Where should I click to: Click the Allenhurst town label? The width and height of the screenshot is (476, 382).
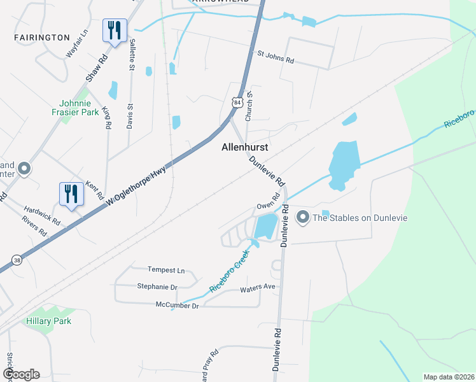coord(244,147)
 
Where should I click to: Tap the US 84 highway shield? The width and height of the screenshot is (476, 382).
coord(237,102)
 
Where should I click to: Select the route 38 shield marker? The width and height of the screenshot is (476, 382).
coord(17,260)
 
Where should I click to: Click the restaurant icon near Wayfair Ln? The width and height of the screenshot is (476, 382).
coord(115,30)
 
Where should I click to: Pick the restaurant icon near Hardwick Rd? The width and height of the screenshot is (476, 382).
coord(71,194)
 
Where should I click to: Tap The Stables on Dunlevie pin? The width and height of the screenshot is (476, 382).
coord(303,218)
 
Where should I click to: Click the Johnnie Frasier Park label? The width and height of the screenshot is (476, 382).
coord(83,108)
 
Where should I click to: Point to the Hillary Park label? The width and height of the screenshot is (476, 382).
coord(49,321)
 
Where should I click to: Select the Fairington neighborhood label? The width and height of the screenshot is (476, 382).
coord(42,38)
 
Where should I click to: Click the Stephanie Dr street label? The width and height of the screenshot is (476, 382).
coord(157,286)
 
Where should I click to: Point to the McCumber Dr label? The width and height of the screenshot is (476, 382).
coord(178,306)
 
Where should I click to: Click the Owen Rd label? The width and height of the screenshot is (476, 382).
coord(268,206)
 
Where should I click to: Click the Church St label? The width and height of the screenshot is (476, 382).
coord(250,103)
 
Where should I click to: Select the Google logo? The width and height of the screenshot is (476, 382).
coord(21,374)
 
